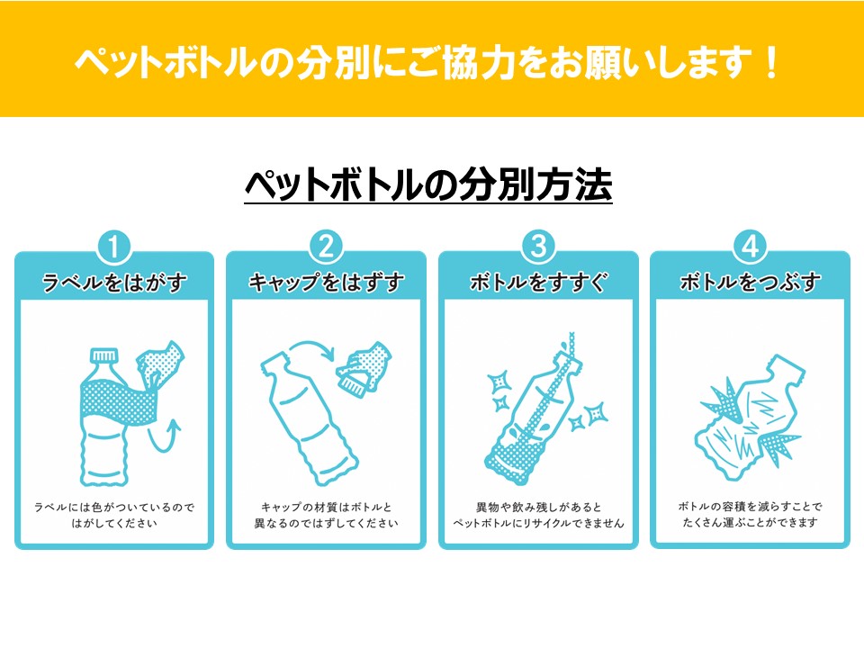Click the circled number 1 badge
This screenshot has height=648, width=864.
click(x=114, y=247)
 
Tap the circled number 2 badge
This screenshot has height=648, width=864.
click(x=326, y=247)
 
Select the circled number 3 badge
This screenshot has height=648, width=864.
click(x=538, y=247)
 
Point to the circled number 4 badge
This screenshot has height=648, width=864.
click(x=751, y=247)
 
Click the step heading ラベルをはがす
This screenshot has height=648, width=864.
click(x=114, y=283)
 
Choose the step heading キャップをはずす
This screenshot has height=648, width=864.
click(x=326, y=283)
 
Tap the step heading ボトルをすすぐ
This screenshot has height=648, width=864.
click(x=538, y=283)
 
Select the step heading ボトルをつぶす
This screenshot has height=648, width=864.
click(x=751, y=283)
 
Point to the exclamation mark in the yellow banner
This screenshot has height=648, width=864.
click(x=772, y=61)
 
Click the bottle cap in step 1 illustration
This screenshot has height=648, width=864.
click(x=104, y=355)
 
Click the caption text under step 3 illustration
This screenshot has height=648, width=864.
click(x=538, y=515)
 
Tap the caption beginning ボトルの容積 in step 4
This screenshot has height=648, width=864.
click(x=750, y=514)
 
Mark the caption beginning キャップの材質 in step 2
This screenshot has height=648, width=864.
click(x=326, y=515)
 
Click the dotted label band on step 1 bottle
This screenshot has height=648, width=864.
click(x=119, y=404)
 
